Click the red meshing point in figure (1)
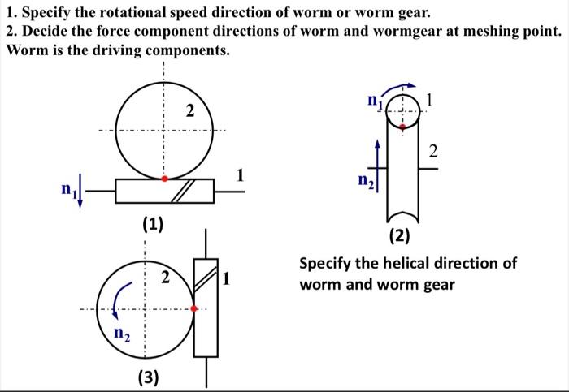[164, 178]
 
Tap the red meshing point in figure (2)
[401, 127]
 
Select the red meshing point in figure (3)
[193, 308]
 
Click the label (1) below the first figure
[152, 224]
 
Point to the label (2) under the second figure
[399, 236]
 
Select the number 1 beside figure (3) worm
[228, 280]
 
